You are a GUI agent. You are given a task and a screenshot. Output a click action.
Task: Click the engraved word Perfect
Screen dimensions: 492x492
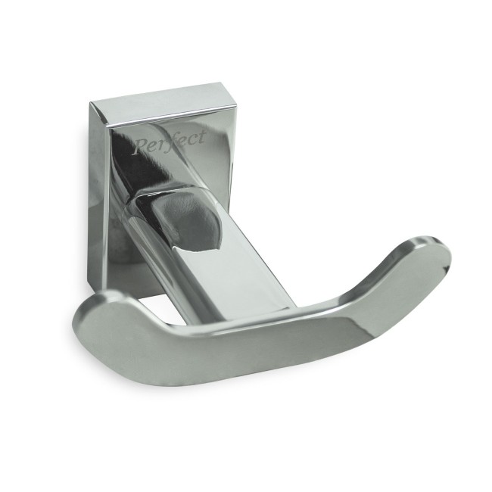(x=170, y=142)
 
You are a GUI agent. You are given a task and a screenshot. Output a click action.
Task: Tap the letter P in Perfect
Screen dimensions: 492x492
(x=140, y=147)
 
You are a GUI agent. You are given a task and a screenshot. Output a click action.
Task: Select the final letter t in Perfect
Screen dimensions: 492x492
(x=202, y=136)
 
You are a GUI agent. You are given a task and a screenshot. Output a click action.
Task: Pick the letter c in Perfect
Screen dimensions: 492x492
(x=194, y=139)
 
